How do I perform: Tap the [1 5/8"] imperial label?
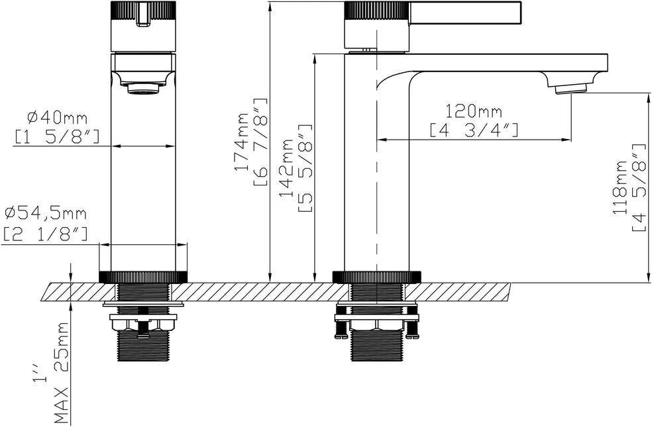point(57,137)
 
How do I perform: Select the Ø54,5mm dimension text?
point(46,213)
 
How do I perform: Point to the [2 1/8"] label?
point(46,233)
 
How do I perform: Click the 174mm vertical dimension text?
point(243,142)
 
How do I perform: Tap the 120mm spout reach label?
point(473,111)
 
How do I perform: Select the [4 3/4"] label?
point(473,130)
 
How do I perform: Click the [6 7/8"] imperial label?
point(260,142)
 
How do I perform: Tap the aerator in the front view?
point(142,87)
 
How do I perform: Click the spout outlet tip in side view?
point(571,87)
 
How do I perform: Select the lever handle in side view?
point(464,12)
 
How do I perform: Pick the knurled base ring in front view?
point(143,277)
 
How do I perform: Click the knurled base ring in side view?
point(376,277)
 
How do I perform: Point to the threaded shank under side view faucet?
point(376,348)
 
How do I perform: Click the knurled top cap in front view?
point(142,11)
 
